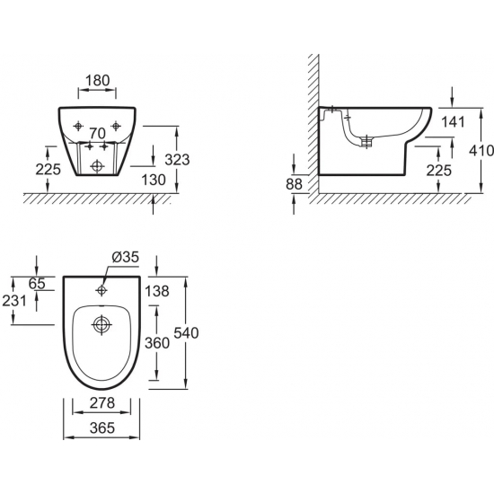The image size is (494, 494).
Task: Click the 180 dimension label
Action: click(x=97, y=80)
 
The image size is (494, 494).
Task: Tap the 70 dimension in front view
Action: click(x=97, y=134)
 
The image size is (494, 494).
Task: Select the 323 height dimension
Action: click(x=177, y=160)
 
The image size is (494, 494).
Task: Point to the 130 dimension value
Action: click(x=154, y=180)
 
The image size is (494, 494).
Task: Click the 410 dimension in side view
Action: click(x=481, y=151)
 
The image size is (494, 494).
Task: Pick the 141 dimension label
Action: click(x=453, y=121)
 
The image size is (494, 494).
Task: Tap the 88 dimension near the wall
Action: click(x=294, y=184)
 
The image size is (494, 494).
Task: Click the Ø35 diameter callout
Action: click(x=126, y=257)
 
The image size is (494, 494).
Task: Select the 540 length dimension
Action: click(x=186, y=332)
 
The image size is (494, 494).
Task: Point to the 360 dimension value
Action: click(x=157, y=343)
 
